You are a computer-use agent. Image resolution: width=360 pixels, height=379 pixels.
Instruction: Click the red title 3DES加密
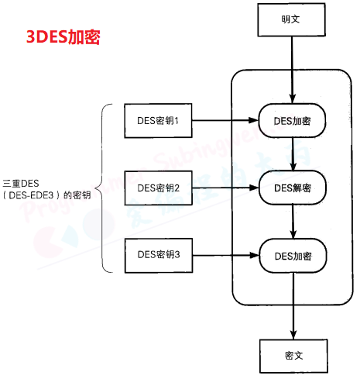[x=61, y=37]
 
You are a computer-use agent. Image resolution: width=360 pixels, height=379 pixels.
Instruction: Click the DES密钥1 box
[x=158, y=120]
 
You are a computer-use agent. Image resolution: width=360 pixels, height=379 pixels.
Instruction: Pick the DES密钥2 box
[x=158, y=188]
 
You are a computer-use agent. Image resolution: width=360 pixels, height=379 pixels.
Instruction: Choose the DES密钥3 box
[x=158, y=253]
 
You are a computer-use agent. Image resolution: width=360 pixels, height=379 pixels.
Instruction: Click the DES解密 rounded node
[x=292, y=188]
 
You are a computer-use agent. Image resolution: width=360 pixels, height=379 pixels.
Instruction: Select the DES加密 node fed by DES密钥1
[x=292, y=121]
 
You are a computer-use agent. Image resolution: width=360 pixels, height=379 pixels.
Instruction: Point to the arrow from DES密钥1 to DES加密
[x=225, y=121]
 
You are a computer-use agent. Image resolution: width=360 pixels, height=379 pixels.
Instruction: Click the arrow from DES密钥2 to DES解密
[x=225, y=188]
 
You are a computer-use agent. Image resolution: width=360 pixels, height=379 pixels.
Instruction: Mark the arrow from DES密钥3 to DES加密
[x=225, y=254]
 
